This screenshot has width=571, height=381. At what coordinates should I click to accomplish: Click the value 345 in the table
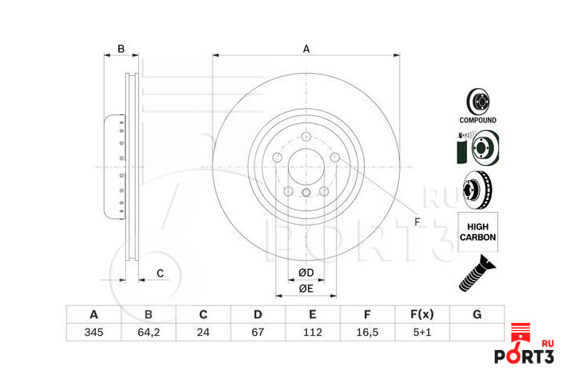(x=94, y=332)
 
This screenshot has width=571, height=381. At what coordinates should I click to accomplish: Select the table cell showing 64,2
(x=148, y=332)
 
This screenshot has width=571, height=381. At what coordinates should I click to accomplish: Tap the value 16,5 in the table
(x=367, y=332)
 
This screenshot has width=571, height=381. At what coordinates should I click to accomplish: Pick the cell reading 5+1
(x=422, y=332)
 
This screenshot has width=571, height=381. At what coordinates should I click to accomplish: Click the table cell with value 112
(x=312, y=332)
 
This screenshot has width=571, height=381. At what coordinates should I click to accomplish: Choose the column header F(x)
(x=422, y=314)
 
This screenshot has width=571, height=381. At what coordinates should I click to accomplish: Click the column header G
(x=477, y=314)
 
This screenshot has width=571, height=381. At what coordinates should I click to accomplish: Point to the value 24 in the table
(x=203, y=332)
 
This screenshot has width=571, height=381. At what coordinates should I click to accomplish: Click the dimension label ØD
(x=306, y=273)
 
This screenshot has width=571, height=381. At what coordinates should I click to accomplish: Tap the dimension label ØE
(x=306, y=288)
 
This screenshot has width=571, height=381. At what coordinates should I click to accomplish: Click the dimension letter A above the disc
(x=306, y=49)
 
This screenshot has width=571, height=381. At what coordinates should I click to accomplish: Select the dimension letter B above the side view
(x=121, y=49)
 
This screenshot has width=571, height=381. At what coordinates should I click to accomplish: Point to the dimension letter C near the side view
(x=159, y=274)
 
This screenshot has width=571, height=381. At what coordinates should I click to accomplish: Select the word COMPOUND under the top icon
(x=478, y=121)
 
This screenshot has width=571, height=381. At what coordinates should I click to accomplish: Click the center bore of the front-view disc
(x=306, y=167)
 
